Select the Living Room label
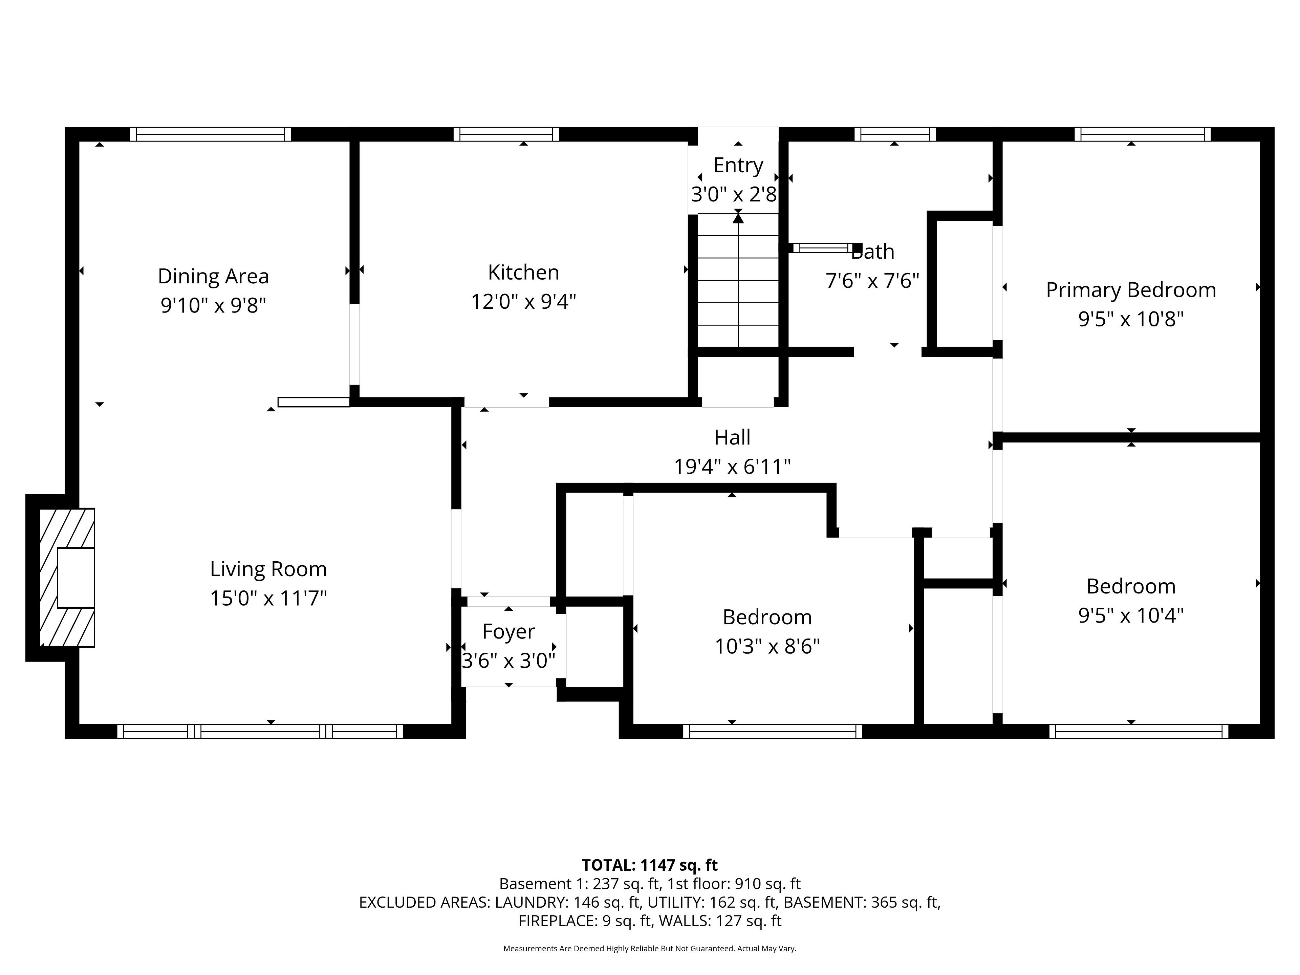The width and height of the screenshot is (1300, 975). pos(268,569)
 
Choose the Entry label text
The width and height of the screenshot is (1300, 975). pos(738,165)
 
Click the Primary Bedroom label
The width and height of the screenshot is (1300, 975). pos(1131,290)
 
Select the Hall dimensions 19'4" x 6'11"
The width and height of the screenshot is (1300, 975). pos(732,467)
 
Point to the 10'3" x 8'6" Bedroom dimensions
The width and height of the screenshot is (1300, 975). pos(767,647)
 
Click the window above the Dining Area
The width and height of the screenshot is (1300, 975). pos(210,134)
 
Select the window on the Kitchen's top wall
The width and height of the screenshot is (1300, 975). pos(506,134)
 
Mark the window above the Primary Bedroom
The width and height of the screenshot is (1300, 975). pos(1143,134)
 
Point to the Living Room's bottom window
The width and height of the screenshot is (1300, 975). pos(260,731)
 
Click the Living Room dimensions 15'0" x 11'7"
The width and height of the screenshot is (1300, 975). pos(268,598)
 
